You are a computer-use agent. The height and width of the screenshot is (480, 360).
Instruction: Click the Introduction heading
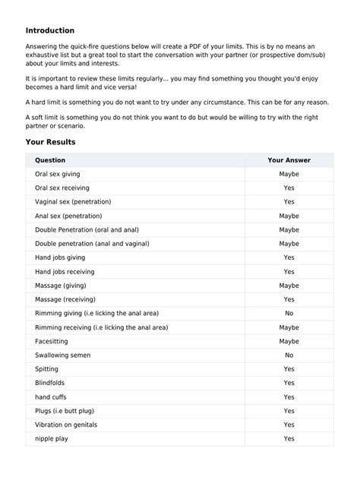50,30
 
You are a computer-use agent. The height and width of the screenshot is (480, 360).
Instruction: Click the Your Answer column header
289,160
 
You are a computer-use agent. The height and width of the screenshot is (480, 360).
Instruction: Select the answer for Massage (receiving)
289,299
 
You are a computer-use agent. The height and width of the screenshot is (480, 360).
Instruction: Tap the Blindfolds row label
50,383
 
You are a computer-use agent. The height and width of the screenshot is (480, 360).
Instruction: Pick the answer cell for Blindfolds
289,383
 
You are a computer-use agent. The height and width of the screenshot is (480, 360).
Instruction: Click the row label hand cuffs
51,396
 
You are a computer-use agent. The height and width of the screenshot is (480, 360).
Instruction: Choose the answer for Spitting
289,369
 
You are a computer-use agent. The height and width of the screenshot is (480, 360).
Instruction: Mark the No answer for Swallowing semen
289,355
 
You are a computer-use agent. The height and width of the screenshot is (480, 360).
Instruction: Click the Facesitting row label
52,341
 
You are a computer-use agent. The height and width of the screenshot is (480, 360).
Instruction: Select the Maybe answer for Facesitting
289,341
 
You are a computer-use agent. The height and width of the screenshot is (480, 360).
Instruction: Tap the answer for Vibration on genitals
289,425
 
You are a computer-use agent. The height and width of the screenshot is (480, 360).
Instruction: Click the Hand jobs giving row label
60,257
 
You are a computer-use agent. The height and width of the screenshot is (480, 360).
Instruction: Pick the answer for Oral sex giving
289,174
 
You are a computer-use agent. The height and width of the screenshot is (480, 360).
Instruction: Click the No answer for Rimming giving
289,313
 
